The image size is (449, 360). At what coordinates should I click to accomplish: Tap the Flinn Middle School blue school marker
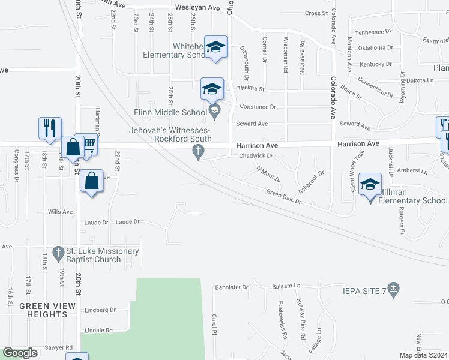point(212,89)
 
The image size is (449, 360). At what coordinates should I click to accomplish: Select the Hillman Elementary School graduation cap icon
point(370,184)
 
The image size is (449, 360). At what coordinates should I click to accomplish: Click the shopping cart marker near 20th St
point(88,144)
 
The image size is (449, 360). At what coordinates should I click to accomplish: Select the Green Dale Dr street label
point(283,197)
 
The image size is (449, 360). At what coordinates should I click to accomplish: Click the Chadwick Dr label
point(256,156)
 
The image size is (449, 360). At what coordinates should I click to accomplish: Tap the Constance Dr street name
point(258,107)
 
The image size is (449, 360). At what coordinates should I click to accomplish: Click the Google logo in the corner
point(20,353)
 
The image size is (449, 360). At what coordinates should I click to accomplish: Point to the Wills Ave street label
point(60,212)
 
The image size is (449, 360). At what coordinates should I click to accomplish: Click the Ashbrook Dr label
point(313,179)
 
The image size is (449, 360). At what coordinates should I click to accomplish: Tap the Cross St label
point(316,13)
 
